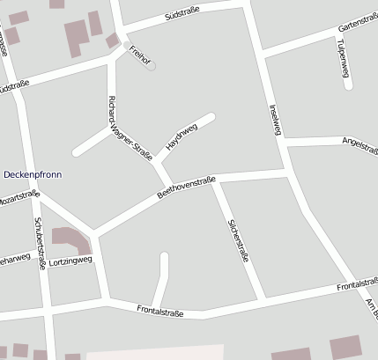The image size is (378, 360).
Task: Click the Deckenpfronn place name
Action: click(33, 174)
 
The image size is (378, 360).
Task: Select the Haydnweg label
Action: click(182, 136)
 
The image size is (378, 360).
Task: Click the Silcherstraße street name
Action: click(238, 240)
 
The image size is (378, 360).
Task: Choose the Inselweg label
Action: click(274, 120)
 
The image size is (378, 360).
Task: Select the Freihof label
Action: click(136, 53)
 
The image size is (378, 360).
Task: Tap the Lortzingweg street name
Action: click(70, 261)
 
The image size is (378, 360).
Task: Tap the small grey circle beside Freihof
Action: click(152, 65)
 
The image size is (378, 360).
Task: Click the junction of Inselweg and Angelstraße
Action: click(283, 142)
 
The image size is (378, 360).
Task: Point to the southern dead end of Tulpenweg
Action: click(348, 85)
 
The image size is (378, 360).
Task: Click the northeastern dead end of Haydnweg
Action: click(211, 116)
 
